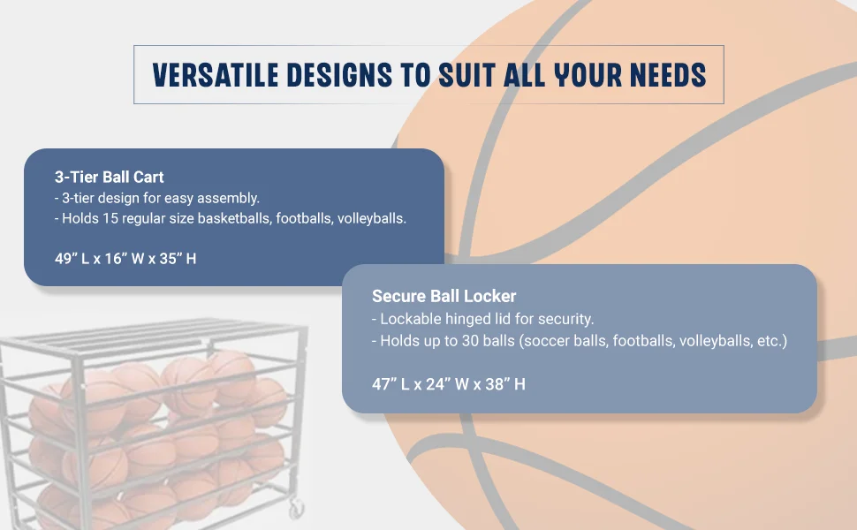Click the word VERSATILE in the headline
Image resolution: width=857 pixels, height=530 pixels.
click(216, 75)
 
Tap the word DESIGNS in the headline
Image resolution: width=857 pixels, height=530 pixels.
click(339, 75)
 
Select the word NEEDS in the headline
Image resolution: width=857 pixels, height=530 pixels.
click(668, 75)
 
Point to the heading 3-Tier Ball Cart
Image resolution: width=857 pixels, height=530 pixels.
click(110, 177)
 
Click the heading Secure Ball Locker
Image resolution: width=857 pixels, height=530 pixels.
click(444, 296)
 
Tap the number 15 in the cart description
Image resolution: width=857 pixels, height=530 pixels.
click(110, 218)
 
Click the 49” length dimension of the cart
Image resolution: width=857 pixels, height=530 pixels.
click(66, 259)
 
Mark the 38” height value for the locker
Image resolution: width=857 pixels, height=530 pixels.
click(497, 384)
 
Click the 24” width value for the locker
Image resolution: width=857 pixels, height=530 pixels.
click(438, 384)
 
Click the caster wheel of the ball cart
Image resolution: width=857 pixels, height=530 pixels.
click(296, 508)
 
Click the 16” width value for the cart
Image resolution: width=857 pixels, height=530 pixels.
click(117, 259)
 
